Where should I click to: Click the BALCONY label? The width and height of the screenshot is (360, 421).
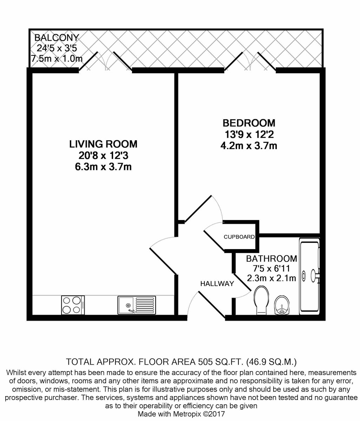(x=57, y=38)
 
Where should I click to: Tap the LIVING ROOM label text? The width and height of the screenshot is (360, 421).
(x=103, y=144)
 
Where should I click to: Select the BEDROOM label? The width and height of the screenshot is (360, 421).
(x=249, y=123)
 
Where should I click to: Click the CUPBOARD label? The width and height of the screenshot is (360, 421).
(x=239, y=237)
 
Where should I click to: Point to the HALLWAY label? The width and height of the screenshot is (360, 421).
(x=217, y=284)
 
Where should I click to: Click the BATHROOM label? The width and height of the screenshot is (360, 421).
(x=271, y=259)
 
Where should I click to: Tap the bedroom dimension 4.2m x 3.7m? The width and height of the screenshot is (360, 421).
(x=249, y=146)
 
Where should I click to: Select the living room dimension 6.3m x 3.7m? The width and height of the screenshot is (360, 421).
(x=103, y=167)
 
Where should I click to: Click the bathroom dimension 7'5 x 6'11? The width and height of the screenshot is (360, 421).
(x=271, y=268)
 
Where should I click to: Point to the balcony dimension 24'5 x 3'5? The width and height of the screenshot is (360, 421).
(x=57, y=48)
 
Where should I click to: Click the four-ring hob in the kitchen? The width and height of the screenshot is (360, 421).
(x=73, y=305)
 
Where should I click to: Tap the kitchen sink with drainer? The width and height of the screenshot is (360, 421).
(x=137, y=305)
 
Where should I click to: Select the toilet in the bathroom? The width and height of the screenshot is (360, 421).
(x=262, y=300)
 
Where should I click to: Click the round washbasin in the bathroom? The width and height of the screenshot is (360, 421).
(x=282, y=305)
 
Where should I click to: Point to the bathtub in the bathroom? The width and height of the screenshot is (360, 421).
(x=309, y=276)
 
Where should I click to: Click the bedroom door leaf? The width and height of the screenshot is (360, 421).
(x=198, y=208)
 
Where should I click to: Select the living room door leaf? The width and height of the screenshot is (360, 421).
(x=163, y=261)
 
